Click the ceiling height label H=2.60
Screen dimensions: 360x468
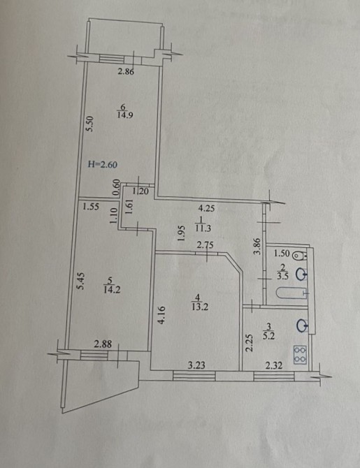click(103, 164)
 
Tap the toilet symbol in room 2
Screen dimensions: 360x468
click(299, 256)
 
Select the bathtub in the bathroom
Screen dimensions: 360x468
click(292, 293)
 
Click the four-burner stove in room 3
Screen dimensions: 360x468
click(300, 355)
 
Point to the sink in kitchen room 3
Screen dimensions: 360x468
click(302, 326)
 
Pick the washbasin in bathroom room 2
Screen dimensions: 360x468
click(301, 275)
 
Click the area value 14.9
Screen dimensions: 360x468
click(125, 115)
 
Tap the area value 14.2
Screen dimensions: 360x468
click(112, 289)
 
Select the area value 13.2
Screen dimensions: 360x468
click(200, 307)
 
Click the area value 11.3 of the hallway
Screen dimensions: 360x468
click(203, 229)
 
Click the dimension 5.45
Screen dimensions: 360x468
click(80, 280)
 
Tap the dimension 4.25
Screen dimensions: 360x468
click(206, 208)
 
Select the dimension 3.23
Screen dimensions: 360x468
click(196, 365)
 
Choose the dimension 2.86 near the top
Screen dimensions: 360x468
click(126, 72)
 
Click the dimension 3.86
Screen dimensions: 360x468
click(257, 246)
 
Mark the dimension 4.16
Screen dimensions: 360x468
click(161, 315)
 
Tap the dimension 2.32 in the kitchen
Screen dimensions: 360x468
click(274, 365)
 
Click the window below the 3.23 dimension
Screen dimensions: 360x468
click(194, 376)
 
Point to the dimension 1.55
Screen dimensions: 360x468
click(91, 207)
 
